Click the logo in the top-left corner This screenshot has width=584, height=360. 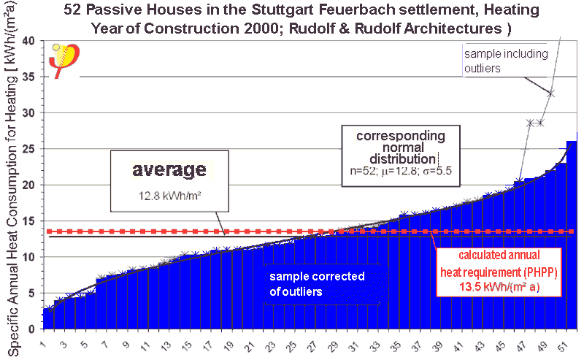pos(64,61)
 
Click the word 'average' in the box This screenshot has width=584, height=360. pos(169,170)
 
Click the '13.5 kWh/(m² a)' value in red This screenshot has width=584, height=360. pos(499,287)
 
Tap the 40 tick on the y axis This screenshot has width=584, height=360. pos(30,41)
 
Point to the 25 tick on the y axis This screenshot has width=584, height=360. pos(30,149)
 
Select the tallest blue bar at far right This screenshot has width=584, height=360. pos(572,234)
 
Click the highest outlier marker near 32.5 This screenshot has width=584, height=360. pos(550,93)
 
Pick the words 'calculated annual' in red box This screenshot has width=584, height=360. pos(499,255)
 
